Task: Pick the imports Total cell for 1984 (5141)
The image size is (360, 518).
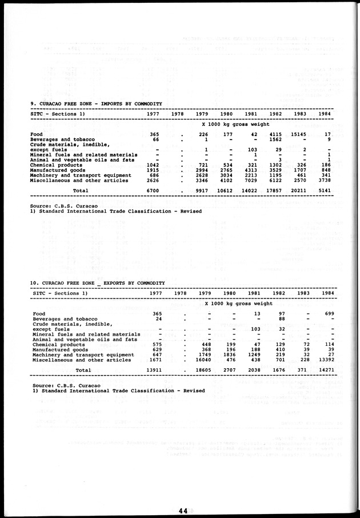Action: [325, 190]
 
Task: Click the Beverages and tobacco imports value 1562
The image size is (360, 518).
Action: [277, 140]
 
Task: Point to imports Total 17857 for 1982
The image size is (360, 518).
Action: [275, 190]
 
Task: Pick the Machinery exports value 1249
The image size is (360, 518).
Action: [252, 354]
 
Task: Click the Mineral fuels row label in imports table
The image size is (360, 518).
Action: [84, 154]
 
